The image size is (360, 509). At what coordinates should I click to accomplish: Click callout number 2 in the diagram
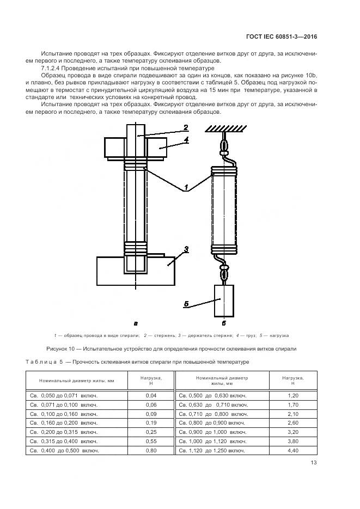point(186,128)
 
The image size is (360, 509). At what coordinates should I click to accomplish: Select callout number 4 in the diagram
point(186,140)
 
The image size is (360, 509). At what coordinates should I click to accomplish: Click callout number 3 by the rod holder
point(186,249)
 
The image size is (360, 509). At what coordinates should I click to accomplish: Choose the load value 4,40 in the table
point(292,450)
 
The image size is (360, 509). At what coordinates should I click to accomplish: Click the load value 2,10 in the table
point(292,414)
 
